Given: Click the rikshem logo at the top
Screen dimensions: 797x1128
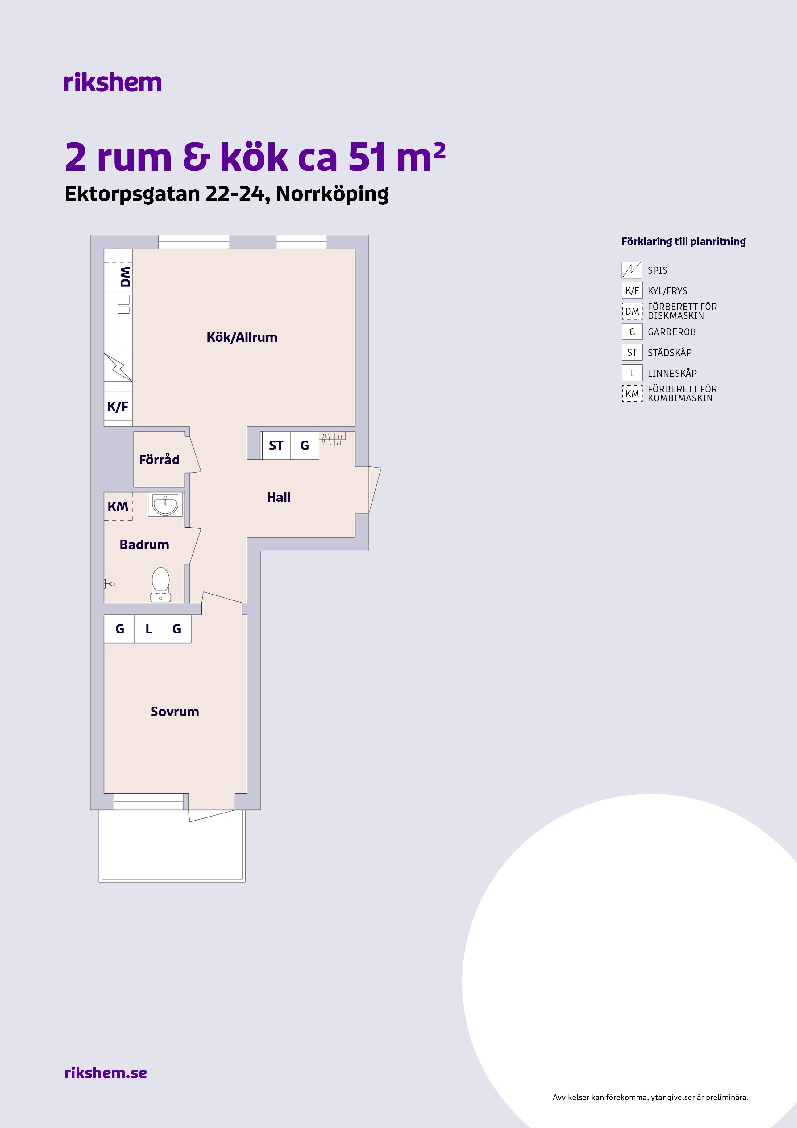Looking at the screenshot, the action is pos(112,82).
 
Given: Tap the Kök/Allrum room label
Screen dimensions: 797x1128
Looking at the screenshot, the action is pos(242,337).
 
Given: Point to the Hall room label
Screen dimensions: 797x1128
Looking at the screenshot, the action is pos(278,497).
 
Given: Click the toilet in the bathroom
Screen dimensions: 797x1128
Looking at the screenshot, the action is pos(160,585).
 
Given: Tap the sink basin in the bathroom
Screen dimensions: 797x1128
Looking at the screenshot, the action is pos(165,504).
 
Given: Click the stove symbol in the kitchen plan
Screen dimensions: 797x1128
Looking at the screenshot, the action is pos(118,367).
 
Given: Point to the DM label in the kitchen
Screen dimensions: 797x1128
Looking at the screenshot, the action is pos(126,277).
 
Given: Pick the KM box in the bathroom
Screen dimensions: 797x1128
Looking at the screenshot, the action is pos(118,507).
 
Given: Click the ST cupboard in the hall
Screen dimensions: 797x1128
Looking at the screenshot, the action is pos(276,445).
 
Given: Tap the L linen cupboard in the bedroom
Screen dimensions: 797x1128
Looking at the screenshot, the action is pos(149,629).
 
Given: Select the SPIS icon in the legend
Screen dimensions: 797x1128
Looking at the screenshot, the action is pos(632,270).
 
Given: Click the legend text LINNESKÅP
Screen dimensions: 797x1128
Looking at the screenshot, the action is pos(672,373).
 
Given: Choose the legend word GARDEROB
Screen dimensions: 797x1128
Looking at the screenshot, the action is pos(672,332).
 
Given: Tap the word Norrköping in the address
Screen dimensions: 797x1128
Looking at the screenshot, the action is pos(332,194).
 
